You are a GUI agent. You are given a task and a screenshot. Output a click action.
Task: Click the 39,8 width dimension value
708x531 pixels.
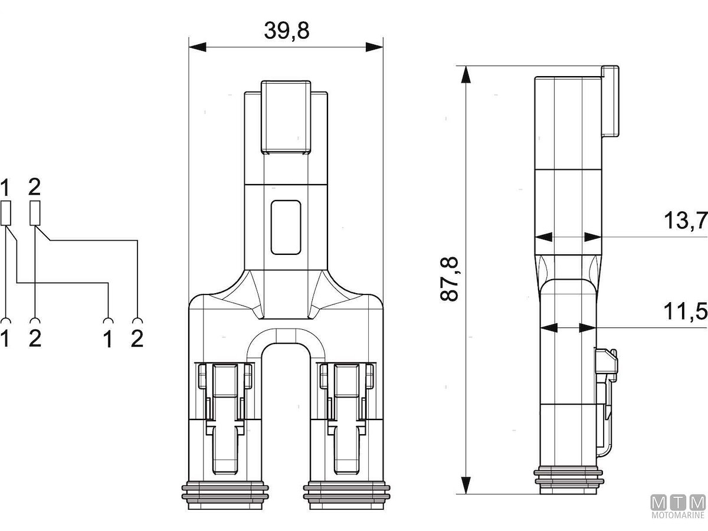pos(287,31)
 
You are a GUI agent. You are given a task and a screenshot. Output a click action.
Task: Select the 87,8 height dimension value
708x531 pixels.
pos(448,279)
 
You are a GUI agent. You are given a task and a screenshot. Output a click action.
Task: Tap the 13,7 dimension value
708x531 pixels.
pos(686,221)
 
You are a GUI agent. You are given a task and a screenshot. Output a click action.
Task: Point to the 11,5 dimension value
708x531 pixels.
pos(686,311)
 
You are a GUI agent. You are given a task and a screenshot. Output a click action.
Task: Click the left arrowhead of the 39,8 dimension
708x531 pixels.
pos(198,47)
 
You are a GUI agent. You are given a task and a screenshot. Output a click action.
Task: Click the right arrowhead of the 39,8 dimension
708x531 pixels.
pos(375,47)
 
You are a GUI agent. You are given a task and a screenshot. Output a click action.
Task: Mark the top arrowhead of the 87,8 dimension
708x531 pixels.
pos(466,74)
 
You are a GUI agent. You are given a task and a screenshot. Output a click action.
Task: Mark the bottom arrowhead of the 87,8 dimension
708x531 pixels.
pos(466,485)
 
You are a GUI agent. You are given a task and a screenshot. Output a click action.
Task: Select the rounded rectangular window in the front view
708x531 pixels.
pos(286,227)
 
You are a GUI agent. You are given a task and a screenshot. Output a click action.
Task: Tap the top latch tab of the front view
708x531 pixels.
pos(286,117)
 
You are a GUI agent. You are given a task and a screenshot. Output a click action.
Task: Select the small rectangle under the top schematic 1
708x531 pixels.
pos(6,213)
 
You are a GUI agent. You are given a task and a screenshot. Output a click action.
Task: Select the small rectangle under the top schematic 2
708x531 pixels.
pos(35,213)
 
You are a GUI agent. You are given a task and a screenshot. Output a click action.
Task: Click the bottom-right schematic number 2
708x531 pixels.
pos(137,339)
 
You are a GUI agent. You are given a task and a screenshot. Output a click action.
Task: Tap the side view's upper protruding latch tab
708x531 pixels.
pos(610,101)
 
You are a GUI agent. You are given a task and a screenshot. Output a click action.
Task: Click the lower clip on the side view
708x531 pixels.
pos(607,403)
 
